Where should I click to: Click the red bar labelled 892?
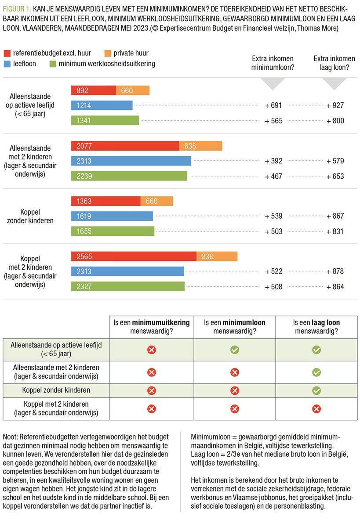93,90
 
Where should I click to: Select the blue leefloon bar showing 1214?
102,105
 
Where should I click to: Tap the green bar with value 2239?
129,176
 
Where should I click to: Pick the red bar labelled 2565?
134,256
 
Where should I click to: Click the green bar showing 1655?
113,231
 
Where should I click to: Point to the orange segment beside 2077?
200,146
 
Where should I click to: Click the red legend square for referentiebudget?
7,53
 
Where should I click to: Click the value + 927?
335,105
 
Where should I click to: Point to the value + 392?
273,161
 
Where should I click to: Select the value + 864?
335,287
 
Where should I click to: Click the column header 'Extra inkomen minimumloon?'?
273,63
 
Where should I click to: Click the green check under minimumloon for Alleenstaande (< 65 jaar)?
235,350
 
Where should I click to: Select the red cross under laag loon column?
316,409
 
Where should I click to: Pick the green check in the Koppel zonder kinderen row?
316,390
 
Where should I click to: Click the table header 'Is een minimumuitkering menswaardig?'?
151,326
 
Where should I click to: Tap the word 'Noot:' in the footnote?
11,437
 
